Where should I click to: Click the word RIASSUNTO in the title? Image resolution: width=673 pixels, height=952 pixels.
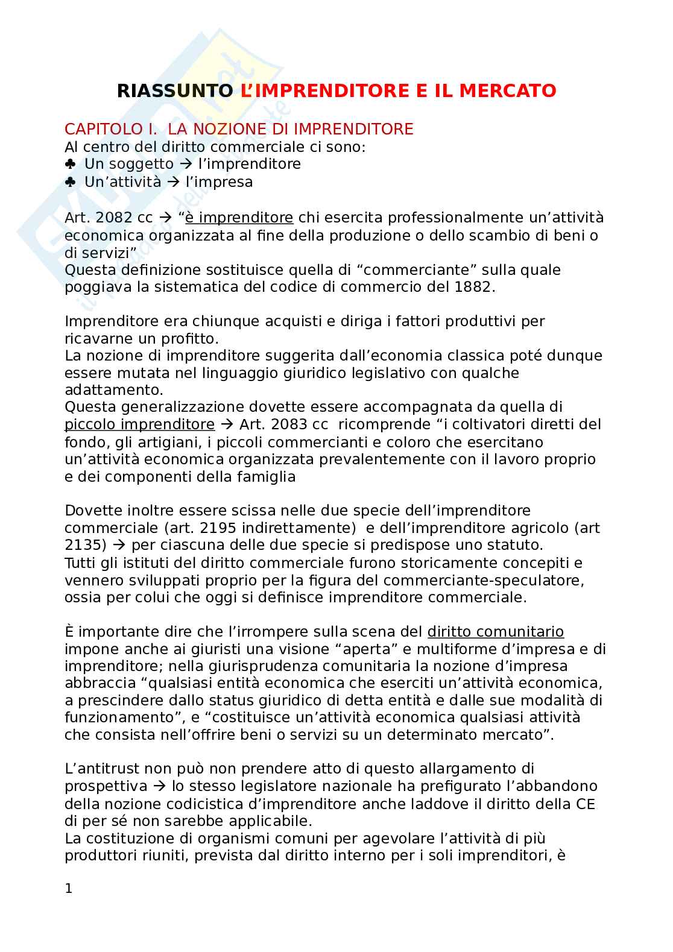pyautogui.click(x=174, y=91)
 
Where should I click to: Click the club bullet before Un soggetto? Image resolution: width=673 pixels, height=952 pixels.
pyautogui.click(x=70, y=164)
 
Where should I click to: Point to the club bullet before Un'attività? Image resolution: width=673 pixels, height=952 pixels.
pyautogui.click(x=70, y=181)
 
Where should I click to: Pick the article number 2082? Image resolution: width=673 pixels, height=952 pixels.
pyautogui.click(x=115, y=217)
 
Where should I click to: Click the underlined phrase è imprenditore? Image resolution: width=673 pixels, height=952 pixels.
pyautogui.click(x=239, y=217)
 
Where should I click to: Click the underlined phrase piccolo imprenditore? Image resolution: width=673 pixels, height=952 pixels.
pyautogui.click(x=139, y=424)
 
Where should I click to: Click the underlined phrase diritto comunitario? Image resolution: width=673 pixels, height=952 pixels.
pyautogui.click(x=496, y=632)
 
